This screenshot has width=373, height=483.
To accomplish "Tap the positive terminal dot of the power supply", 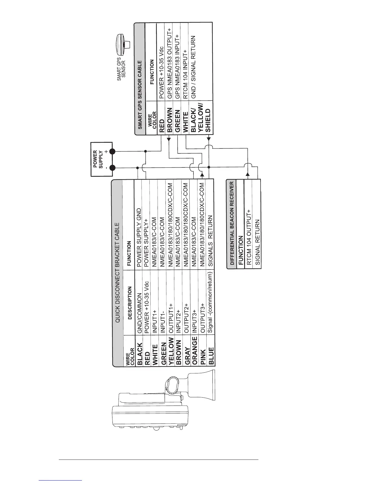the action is click(x=112, y=151).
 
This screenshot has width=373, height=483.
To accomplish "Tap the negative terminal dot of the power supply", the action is click(x=112, y=168).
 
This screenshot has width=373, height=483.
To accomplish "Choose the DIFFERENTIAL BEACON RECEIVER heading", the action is click(x=232, y=223).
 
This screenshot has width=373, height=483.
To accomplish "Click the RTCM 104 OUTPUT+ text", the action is click(x=249, y=236).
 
